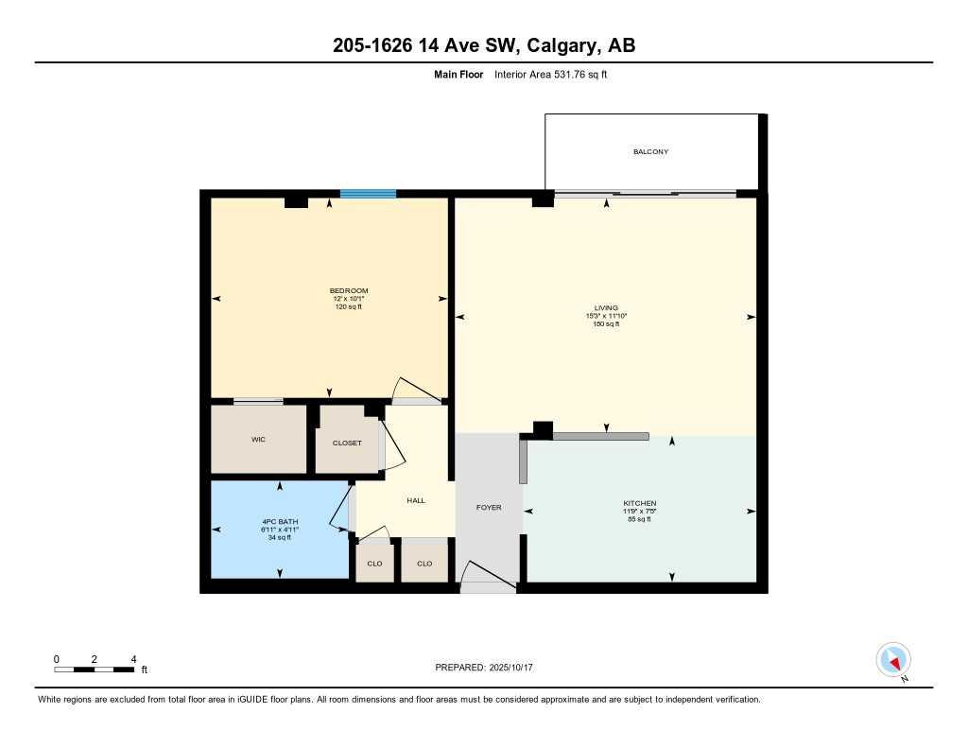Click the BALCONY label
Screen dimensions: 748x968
pos(650,151)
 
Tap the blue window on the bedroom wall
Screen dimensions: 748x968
pos(368,194)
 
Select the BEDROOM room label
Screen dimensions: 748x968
pos(349,290)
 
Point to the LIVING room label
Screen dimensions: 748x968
pos(605,308)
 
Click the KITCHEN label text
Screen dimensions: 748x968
pos(639,503)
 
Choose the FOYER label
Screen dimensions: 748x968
pos(488,508)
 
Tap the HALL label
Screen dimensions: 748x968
pos(415,500)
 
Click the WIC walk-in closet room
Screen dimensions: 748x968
pos(258,440)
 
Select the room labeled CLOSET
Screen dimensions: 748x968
pos(347,443)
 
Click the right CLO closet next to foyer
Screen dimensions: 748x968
pos(424,564)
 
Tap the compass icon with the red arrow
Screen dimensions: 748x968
pos(893,659)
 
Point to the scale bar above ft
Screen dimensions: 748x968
pos(95,670)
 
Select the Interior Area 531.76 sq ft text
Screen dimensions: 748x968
pos(550,75)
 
